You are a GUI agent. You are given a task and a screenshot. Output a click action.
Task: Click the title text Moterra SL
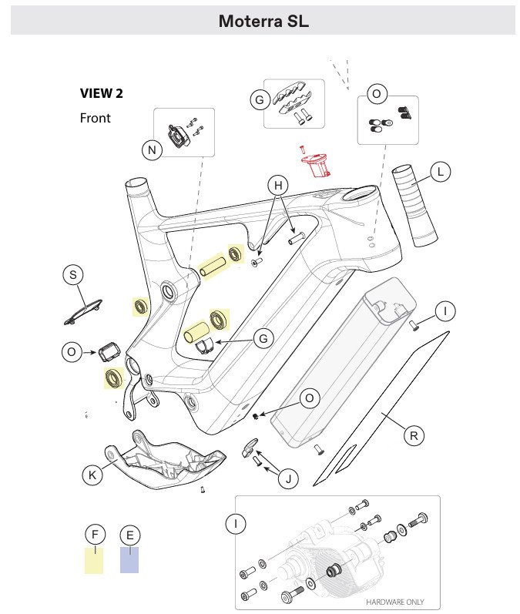point(263,21)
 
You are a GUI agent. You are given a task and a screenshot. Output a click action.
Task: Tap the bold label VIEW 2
point(101,94)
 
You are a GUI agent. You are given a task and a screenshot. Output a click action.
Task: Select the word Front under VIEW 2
point(95,119)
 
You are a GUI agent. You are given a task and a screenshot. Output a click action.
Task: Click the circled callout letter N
point(153,150)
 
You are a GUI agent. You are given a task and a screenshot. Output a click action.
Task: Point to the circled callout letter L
point(440,173)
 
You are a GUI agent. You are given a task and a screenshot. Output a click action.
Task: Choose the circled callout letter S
point(73,275)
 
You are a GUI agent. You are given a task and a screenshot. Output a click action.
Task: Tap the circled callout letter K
point(92,475)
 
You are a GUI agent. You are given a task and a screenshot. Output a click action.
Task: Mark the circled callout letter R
point(414,435)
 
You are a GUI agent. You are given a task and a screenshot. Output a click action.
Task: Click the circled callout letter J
point(287,479)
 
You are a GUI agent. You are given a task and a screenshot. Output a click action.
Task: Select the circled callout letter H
point(278,185)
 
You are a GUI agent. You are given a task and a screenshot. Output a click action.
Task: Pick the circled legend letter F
point(95,535)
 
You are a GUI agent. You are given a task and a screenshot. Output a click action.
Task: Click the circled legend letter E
point(130,535)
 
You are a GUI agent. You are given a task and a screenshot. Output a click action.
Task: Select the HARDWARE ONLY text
point(394,602)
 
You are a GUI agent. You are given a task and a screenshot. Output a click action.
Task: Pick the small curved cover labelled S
point(84,310)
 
